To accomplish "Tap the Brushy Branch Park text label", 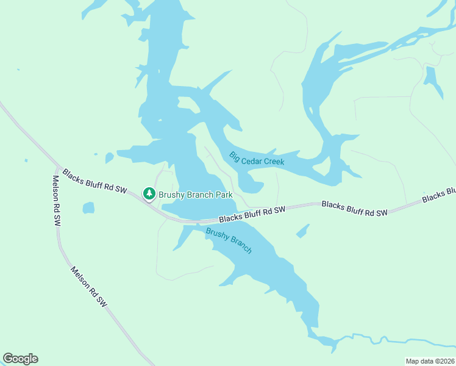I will [x=196, y=195].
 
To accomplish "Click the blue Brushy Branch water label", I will [x=229, y=240].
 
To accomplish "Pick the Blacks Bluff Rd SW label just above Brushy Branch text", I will [x=252, y=213].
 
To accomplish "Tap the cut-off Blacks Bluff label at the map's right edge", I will [x=439, y=196].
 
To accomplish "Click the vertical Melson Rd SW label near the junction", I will [x=56, y=201].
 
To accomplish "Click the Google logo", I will [x=20, y=359].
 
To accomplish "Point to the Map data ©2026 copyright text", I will [x=430, y=361].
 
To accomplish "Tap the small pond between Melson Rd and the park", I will [x=88, y=208].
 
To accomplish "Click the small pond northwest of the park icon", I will [x=109, y=158].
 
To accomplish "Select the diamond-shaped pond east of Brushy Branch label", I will [x=302, y=231].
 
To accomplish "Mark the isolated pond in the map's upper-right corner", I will [x=433, y=81].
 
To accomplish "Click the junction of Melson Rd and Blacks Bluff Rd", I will [x=57, y=169].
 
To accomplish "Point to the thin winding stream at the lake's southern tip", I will [x=366, y=339].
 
